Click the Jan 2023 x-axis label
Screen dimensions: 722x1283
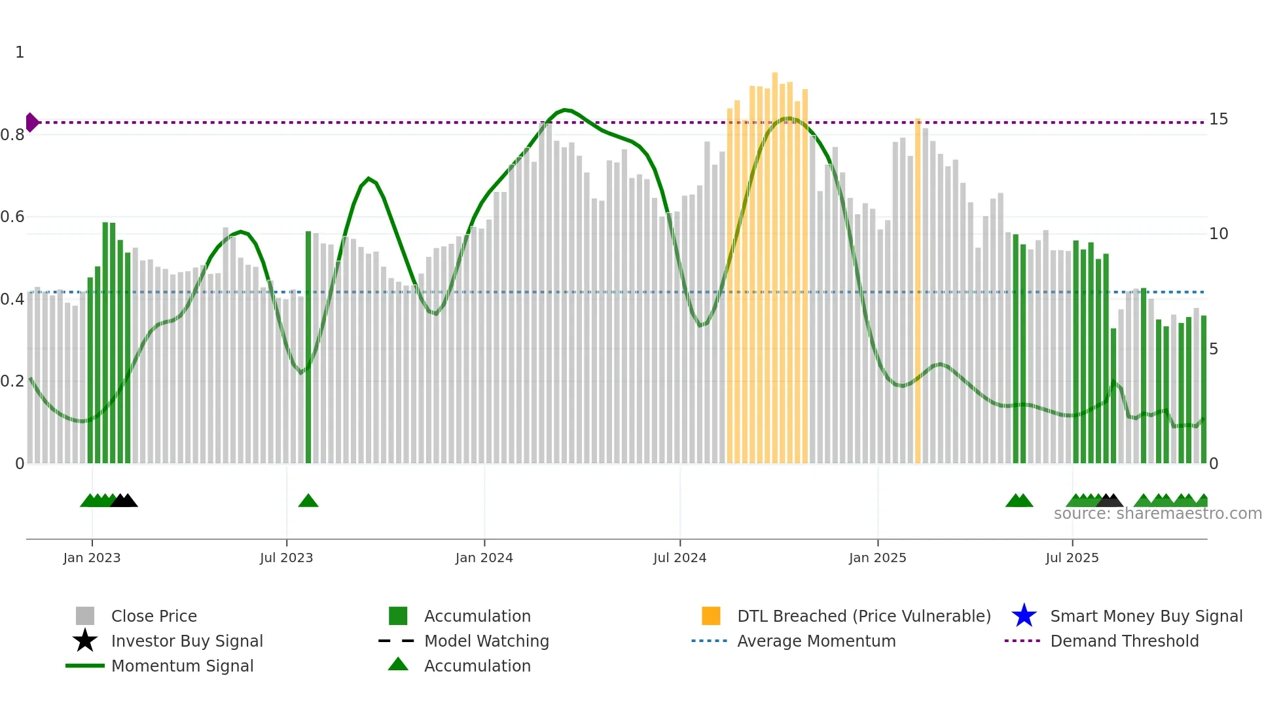click(x=92, y=558)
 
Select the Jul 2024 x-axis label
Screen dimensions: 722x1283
click(x=679, y=558)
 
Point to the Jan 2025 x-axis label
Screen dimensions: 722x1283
click(x=877, y=558)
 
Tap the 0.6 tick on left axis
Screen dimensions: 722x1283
click(x=12, y=217)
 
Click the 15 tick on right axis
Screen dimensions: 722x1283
click(x=1218, y=119)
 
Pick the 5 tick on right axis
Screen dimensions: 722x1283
click(x=1214, y=349)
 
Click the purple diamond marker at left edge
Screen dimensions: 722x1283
click(x=31, y=123)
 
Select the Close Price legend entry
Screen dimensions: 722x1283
click(x=154, y=616)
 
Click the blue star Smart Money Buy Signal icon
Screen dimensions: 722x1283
click(x=1024, y=616)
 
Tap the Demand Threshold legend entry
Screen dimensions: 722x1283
click(x=1124, y=641)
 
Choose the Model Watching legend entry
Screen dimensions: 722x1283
click(x=486, y=641)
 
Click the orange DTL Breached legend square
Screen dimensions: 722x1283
click(x=711, y=616)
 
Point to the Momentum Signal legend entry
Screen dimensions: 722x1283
click(x=182, y=666)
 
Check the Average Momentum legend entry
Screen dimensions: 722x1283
click(x=816, y=641)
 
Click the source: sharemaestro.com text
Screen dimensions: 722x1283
click(x=1157, y=514)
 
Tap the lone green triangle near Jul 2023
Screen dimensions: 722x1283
click(x=308, y=501)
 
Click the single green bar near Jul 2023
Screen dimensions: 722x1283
click(x=308, y=347)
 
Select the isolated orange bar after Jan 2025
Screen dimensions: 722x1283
click(x=918, y=292)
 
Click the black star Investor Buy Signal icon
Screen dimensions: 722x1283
click(x=85, y=641)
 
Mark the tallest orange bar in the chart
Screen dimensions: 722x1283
click(x=775, y=269)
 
